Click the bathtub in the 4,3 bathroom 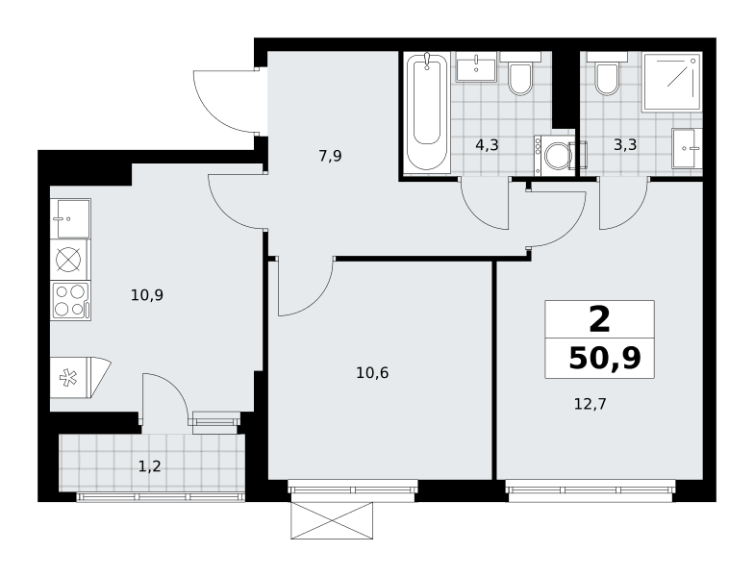[427, 112]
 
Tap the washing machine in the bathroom [554, 156]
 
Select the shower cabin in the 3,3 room [671, 82]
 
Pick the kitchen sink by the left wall [71, 219]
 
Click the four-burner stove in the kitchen [71, 302]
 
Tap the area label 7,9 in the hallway [331, 156]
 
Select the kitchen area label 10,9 [147, 294]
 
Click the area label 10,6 [373, 373]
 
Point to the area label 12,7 [591, 404]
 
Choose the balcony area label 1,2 [150, 465]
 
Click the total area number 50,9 [605, 358]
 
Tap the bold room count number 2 [600, 321]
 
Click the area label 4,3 [487, 145]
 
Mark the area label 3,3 [625, 144]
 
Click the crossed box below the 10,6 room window [332, 520]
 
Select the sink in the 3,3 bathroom [684, 148]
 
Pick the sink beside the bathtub [475, 69]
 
